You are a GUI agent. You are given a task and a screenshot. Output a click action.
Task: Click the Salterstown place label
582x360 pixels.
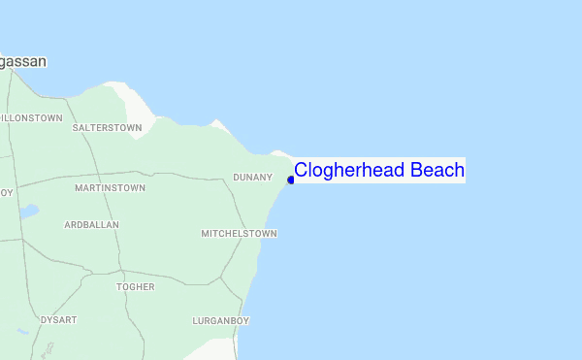107,127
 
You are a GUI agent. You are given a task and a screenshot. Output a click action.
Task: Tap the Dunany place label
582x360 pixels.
252,178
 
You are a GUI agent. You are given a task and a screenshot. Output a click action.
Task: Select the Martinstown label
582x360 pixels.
110,187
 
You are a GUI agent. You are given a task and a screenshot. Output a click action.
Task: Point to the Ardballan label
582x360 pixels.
91,224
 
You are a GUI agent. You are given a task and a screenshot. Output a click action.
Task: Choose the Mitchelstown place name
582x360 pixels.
239,234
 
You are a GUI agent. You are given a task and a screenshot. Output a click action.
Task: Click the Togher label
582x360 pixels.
135,287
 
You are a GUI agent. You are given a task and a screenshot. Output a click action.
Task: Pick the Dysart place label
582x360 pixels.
57,319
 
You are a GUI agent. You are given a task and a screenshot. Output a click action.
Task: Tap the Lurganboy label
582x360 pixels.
221,320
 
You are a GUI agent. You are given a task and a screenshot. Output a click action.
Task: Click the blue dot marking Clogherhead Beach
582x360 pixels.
290,180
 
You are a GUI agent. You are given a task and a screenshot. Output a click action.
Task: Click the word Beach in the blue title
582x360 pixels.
437,171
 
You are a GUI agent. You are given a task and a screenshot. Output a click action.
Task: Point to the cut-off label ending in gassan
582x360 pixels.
23,61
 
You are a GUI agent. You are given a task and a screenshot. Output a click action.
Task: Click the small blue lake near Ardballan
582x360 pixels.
29,211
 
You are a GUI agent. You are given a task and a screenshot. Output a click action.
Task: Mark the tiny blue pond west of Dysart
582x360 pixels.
22,333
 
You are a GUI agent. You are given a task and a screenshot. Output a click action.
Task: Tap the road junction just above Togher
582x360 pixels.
120,272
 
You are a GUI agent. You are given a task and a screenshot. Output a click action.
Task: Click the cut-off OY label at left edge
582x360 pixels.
6,192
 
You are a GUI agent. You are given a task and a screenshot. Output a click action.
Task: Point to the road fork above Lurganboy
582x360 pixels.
221,278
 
